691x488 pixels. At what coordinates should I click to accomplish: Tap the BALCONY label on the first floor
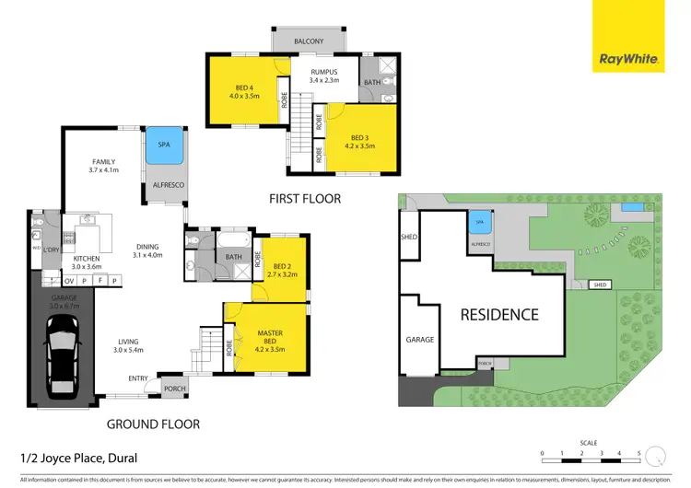pos(309,42)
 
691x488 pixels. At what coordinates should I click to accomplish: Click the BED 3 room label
pos(361,140)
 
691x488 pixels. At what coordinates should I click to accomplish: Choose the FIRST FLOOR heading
pos(304,198)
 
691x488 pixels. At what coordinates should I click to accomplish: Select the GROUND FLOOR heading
pos(153,424)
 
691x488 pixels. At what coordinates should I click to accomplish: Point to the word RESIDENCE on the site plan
pos(500,314)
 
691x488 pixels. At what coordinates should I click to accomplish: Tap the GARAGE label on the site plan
pos(419,340)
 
